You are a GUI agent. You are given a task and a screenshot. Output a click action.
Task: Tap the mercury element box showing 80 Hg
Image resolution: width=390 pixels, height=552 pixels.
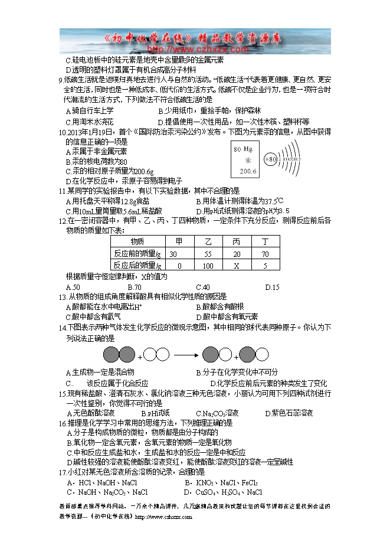click(x=244, y=161)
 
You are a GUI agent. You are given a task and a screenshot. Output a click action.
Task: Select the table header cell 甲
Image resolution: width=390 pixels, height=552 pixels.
click(x=179, y=241)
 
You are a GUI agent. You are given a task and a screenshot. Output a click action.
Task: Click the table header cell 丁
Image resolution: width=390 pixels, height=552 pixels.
click(x=265, y=241)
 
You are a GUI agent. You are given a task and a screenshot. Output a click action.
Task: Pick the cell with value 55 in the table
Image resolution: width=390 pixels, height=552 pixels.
click(x=208, y=254)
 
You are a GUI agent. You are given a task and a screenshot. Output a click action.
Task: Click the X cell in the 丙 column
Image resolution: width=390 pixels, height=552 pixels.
click(x=236, y=266)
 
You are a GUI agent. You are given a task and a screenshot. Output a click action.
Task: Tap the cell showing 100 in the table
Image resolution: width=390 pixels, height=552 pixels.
click(x=208, y=266)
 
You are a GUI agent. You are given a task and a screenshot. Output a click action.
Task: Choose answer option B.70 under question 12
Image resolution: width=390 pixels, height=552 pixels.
click(x=134, y=288)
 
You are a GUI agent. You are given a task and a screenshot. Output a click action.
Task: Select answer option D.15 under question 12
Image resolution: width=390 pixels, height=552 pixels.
click(x=272, y=288)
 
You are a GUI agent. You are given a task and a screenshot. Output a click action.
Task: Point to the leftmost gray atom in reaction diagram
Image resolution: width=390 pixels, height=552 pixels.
click(x=111, y=355)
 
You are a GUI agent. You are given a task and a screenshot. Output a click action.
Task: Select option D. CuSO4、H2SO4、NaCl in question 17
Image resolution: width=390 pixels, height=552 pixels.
click(x=223, y=492)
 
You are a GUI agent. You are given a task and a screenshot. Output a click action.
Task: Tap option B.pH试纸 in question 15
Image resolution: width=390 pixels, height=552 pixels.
click(x=155, y=413)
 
